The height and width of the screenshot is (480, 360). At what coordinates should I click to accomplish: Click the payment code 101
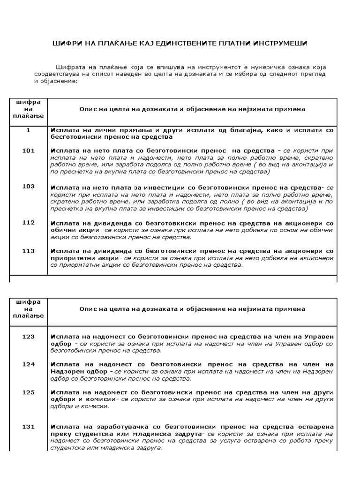tap(28, 150)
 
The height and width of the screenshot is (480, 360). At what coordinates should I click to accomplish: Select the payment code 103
tap(28, 187)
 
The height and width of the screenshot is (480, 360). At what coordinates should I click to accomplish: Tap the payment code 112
tap(28, 223)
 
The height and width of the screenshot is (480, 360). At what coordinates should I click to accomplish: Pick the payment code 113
tap(28, 251)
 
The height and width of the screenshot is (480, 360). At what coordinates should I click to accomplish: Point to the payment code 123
tap(28, 336)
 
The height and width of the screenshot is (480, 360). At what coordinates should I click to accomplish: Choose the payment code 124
tap(28, 364)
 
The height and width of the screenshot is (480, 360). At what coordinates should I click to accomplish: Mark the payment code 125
tap(28, 392)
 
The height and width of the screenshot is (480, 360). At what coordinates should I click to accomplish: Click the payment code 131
tap(28, 427)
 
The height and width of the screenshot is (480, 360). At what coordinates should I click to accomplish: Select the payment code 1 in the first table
tap(28, 130)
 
